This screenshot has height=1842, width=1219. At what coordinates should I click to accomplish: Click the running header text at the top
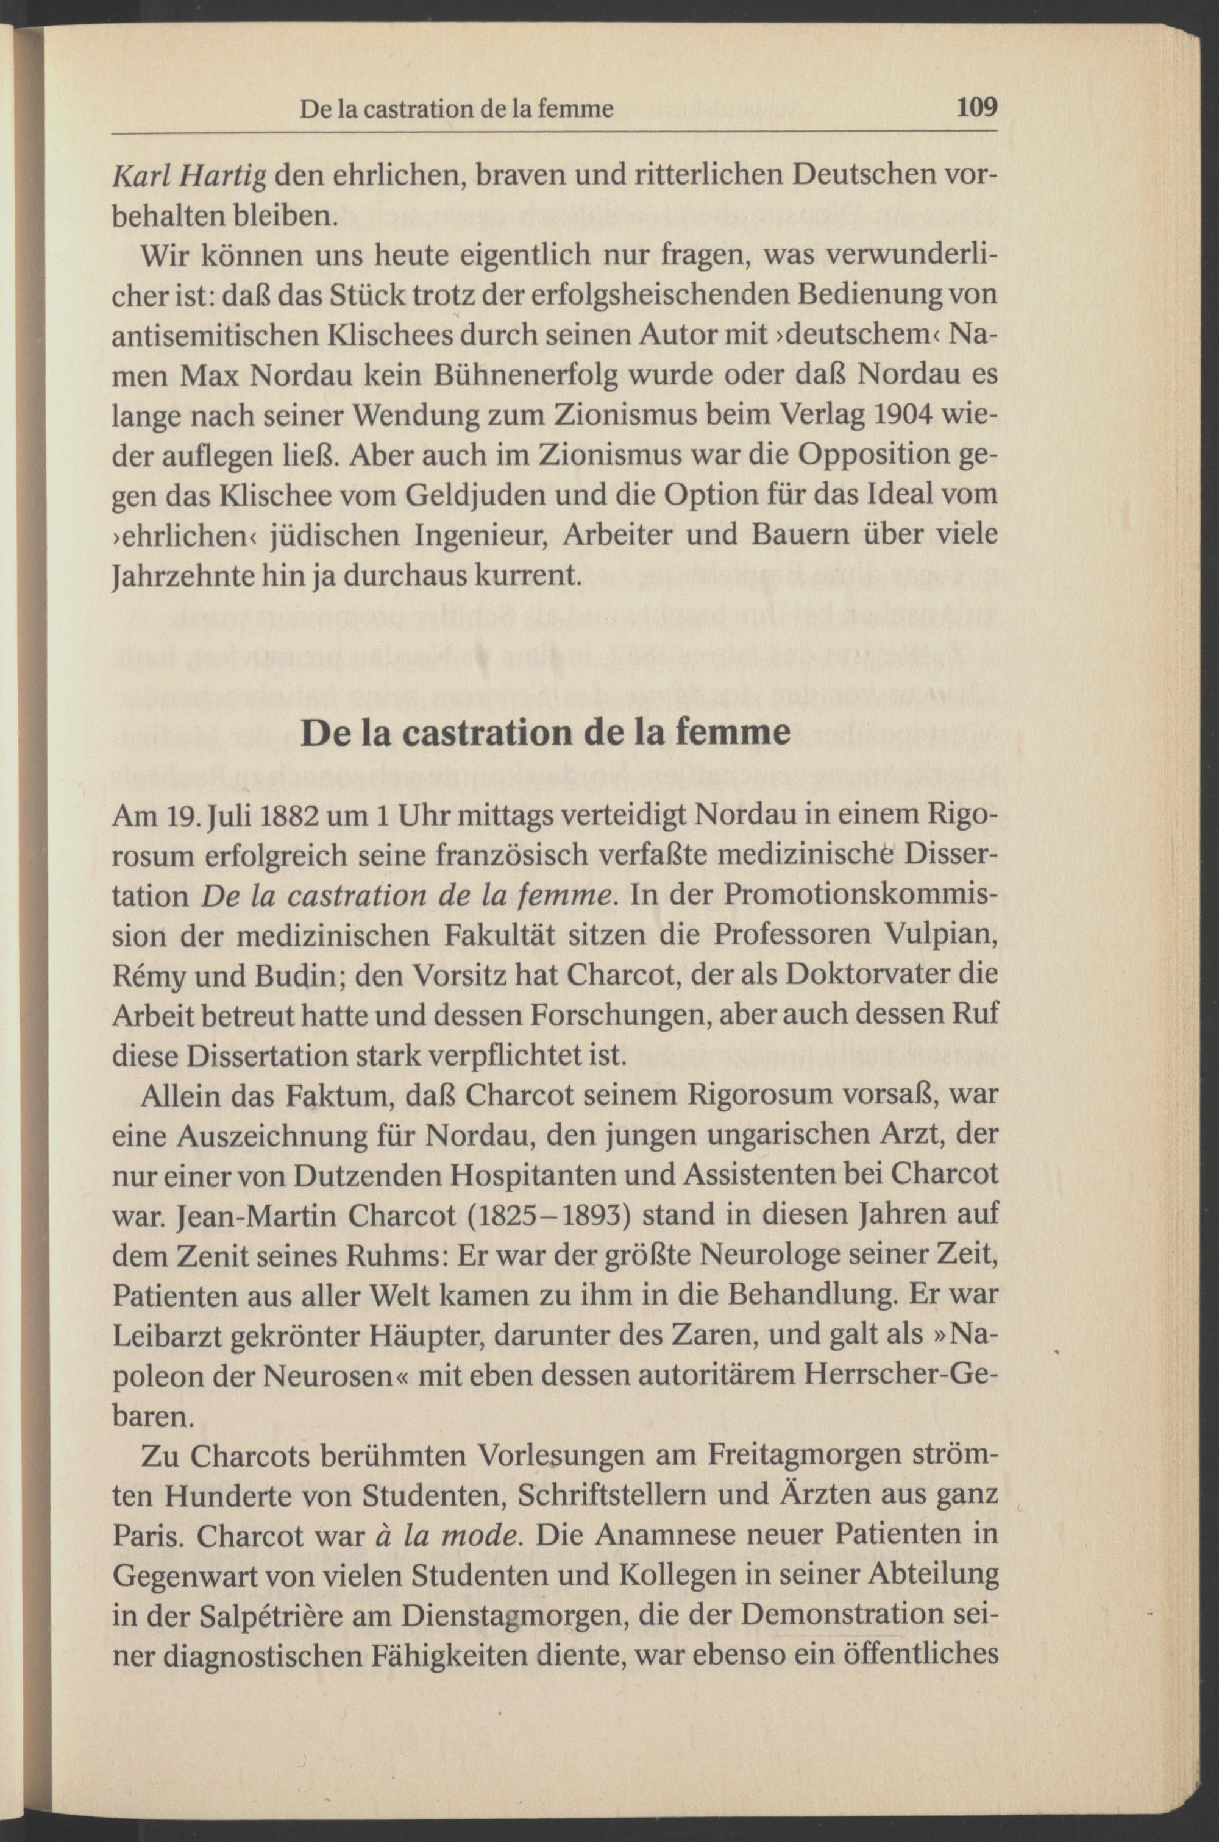(457, 109)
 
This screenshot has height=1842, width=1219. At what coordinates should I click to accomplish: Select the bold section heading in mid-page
(546, 733)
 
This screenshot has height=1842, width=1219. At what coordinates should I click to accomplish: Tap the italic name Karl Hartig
(190, 177)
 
